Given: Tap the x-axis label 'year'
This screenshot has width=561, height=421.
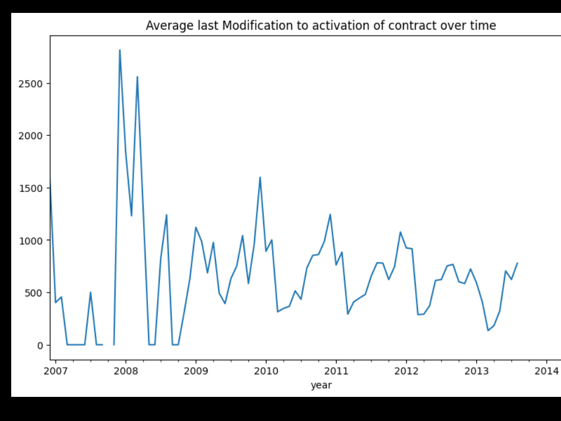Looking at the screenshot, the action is (321, 386).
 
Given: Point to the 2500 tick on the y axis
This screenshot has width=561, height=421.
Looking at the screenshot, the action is (30, 84).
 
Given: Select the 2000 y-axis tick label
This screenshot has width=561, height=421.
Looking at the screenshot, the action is (30, 136).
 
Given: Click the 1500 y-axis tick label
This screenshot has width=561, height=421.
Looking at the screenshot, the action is (30, 188).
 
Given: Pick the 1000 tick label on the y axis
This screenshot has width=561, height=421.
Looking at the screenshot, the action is (30, 241).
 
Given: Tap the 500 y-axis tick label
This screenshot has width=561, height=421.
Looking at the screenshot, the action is (34, 293).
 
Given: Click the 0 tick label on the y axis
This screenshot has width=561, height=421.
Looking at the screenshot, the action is (40, 345).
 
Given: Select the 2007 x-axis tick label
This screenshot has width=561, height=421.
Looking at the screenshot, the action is (56, 371).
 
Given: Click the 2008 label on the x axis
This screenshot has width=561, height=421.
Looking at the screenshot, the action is (126, 371).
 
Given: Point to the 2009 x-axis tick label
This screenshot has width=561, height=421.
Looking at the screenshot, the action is (196, 371).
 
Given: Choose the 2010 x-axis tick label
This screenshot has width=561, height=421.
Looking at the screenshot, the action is (266, 371).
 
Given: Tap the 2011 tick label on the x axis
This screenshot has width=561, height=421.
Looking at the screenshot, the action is (336, 371).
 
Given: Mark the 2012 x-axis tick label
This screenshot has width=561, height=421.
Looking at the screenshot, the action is (406, 371).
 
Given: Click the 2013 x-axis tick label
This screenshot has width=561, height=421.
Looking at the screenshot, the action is (476, 371).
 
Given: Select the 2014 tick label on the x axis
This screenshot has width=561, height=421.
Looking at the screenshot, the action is (546, 371).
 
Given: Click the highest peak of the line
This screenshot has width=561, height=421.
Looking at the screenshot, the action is (120, 50).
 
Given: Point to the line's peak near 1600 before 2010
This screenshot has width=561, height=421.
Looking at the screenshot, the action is (260, 177).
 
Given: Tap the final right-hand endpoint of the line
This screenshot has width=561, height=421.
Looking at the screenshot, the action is (517, 263).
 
